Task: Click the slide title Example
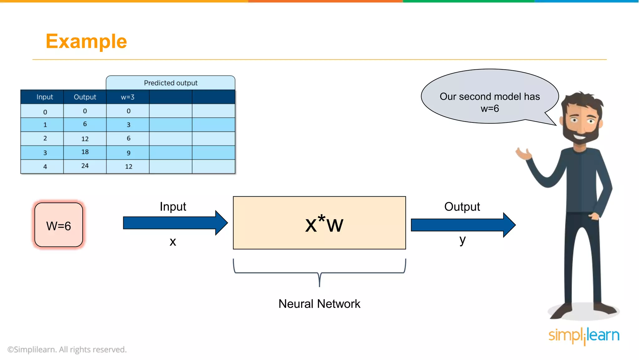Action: coord(86,41)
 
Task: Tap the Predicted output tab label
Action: coord(170,83)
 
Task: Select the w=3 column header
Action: coord(128,97)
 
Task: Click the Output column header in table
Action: coord(85,97)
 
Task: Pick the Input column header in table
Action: coord(45,97)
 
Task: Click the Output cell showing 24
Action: coord(85,166)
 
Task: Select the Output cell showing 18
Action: coord(85,152)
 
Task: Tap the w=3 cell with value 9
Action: coord(128,153)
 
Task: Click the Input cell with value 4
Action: coord(45,167)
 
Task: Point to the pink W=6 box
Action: coord(59,225)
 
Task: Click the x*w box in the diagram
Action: coord(319,223)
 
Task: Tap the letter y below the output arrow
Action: coord(462,240)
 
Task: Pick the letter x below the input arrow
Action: coord(173,242)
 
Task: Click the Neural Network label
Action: coord(319,304)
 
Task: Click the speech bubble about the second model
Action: coord(489,97)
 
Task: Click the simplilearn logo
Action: coord(584,336)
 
